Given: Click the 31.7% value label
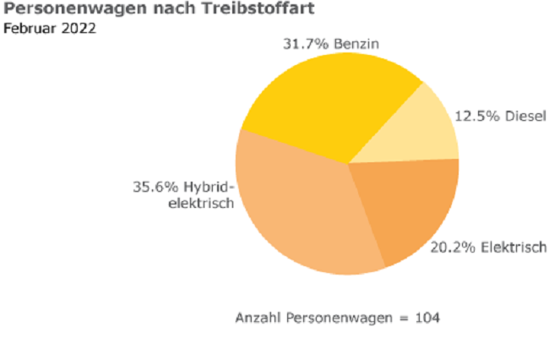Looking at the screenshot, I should (x=302, y=43).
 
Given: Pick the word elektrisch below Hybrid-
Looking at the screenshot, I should (x=198, y=204).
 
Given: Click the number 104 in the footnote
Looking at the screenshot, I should (x=428, y=318).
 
